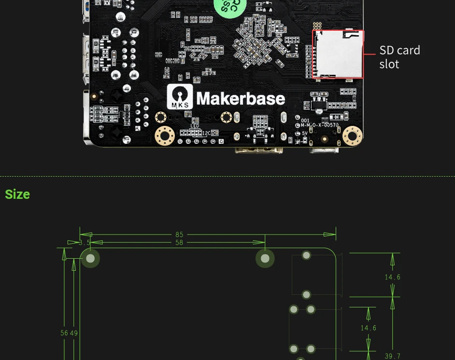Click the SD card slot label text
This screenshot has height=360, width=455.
(x=399, y=57)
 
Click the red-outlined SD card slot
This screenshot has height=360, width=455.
(x=338, y=54)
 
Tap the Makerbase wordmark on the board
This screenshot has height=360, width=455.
(x=240, y=98)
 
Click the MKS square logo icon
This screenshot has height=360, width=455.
(x=179, y=97)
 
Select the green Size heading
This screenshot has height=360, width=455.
(x=17, y=194)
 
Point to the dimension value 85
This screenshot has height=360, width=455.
(x=179, y=235)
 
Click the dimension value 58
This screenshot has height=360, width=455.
(x=179, y=243)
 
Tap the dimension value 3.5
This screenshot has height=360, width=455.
(x=85, y=243)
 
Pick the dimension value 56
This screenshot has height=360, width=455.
(x=64, y=333)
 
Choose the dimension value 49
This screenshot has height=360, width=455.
(x=74, y=333)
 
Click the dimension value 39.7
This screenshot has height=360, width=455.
(x=392, y=356)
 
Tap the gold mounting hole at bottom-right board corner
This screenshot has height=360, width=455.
(x=352, y=136)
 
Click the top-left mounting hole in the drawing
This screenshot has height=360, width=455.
(x=90, y=259)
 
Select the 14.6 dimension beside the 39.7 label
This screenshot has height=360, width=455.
(x=368, y=328)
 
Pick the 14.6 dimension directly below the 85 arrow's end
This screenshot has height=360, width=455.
(x=392, y=277)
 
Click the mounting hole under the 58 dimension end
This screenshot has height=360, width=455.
(x=265, y=259)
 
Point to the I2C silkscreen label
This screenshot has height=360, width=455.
(x=206, y=133)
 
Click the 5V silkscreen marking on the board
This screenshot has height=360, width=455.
(x=304, y=133)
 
